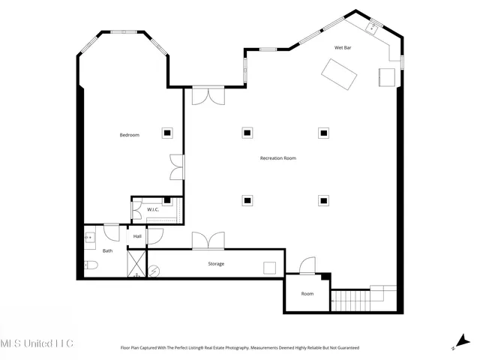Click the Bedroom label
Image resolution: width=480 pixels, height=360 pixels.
click(x=130, y=135)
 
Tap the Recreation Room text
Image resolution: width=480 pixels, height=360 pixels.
click(x=278, y=158)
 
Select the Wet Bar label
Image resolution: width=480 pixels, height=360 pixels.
click(x=343, y=48)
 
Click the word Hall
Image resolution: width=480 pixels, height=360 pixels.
click(x=137, y=237)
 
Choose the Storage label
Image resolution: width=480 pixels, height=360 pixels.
click(x=216, y=263)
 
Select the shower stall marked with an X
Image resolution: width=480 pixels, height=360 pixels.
click(x=136, y=262)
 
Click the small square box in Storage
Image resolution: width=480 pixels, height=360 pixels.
click(x=269, y=268)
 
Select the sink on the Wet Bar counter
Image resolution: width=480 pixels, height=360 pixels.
click(x=371, y=28)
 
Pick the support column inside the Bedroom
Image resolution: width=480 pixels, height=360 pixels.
click(x=167, y=133)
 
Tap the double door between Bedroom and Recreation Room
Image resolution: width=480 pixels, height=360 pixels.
click(x=175, y=166)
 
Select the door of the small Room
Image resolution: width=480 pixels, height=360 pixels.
click(x=307, y=267)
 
